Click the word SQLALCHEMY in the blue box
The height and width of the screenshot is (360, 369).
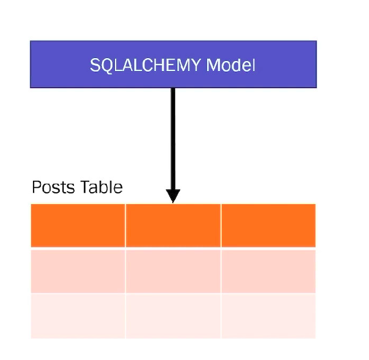(146, 65)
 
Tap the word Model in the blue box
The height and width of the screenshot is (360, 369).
(230, 65)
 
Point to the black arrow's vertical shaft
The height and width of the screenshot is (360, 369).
(173, 136)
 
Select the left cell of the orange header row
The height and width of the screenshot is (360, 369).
(77, 226)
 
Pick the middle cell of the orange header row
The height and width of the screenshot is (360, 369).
(173, 226)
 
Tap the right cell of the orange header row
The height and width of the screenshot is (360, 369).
(268, 226)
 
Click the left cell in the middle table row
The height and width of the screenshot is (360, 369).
(77, 271)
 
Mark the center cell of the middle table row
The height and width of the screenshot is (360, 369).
(173, 271)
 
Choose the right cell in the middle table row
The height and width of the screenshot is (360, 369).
(268, 271)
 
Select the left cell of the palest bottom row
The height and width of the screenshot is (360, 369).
(77, 316)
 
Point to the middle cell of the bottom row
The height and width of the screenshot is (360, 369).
(173, 316)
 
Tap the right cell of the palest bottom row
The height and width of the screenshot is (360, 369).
(268, 316)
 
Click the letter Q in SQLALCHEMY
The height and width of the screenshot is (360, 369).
(106, 65)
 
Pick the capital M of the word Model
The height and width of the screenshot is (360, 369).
(213, 65)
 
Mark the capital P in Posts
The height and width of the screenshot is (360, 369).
(36, 187)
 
